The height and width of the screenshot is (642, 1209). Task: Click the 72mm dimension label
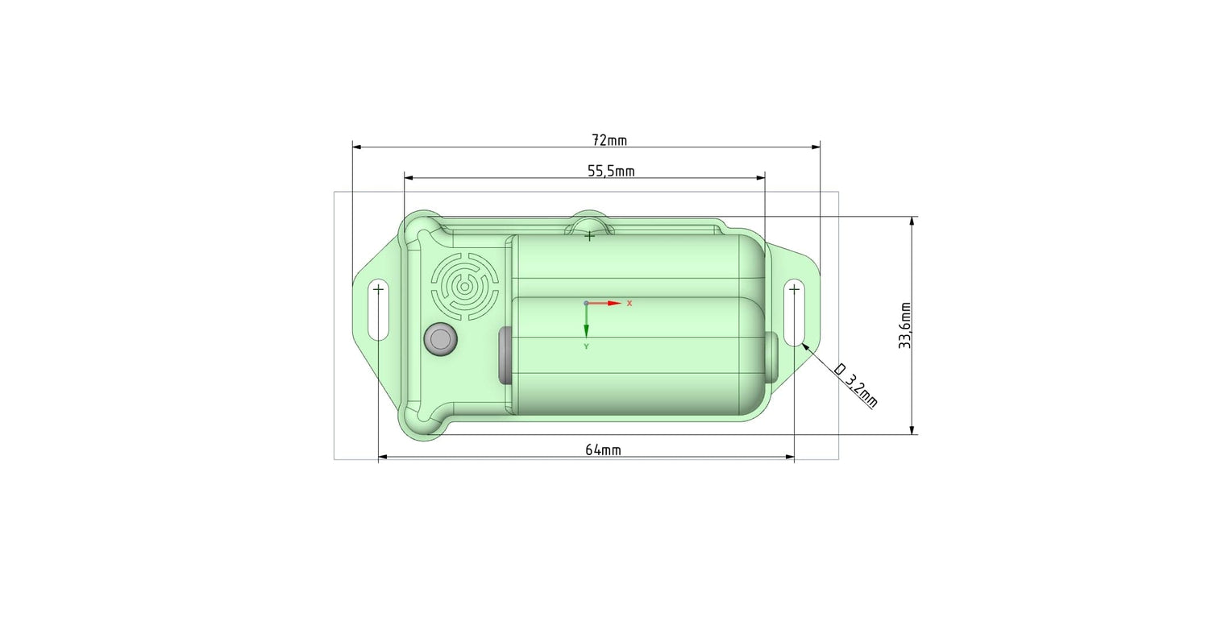coord(609,140)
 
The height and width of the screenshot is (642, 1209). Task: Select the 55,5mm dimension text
coord(611,172)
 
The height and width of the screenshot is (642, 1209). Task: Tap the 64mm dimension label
coord(603,450)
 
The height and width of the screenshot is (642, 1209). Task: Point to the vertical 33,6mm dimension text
coord(905,325)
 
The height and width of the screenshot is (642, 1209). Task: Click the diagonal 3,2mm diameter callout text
coord(856,386)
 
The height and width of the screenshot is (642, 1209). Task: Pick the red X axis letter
coord(629,304)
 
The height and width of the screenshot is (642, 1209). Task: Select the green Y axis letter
coord(586,346)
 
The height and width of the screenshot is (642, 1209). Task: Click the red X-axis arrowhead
coord(615,303)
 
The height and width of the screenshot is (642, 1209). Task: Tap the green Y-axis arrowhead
coord(586,332)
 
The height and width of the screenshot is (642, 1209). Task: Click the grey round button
coord(441,339)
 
